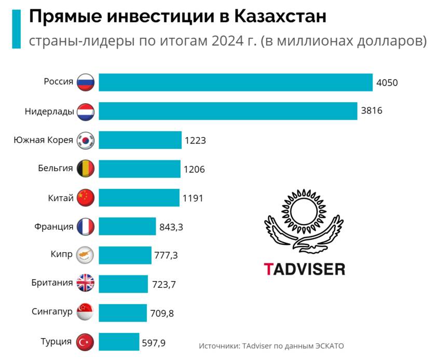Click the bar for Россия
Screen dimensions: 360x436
coord(236,82)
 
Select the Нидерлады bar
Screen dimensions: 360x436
coord(228,111)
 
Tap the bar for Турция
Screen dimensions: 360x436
coord(118,342)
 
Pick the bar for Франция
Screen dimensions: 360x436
coord(127,226)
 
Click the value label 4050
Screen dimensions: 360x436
coord(387,82)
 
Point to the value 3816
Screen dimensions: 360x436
coord(372,111)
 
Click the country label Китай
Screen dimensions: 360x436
coord(61,198)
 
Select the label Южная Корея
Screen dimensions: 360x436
coord(43,140)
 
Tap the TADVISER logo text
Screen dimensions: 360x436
coord(304,269)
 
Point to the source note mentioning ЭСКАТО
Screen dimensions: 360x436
coord(271,345)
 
